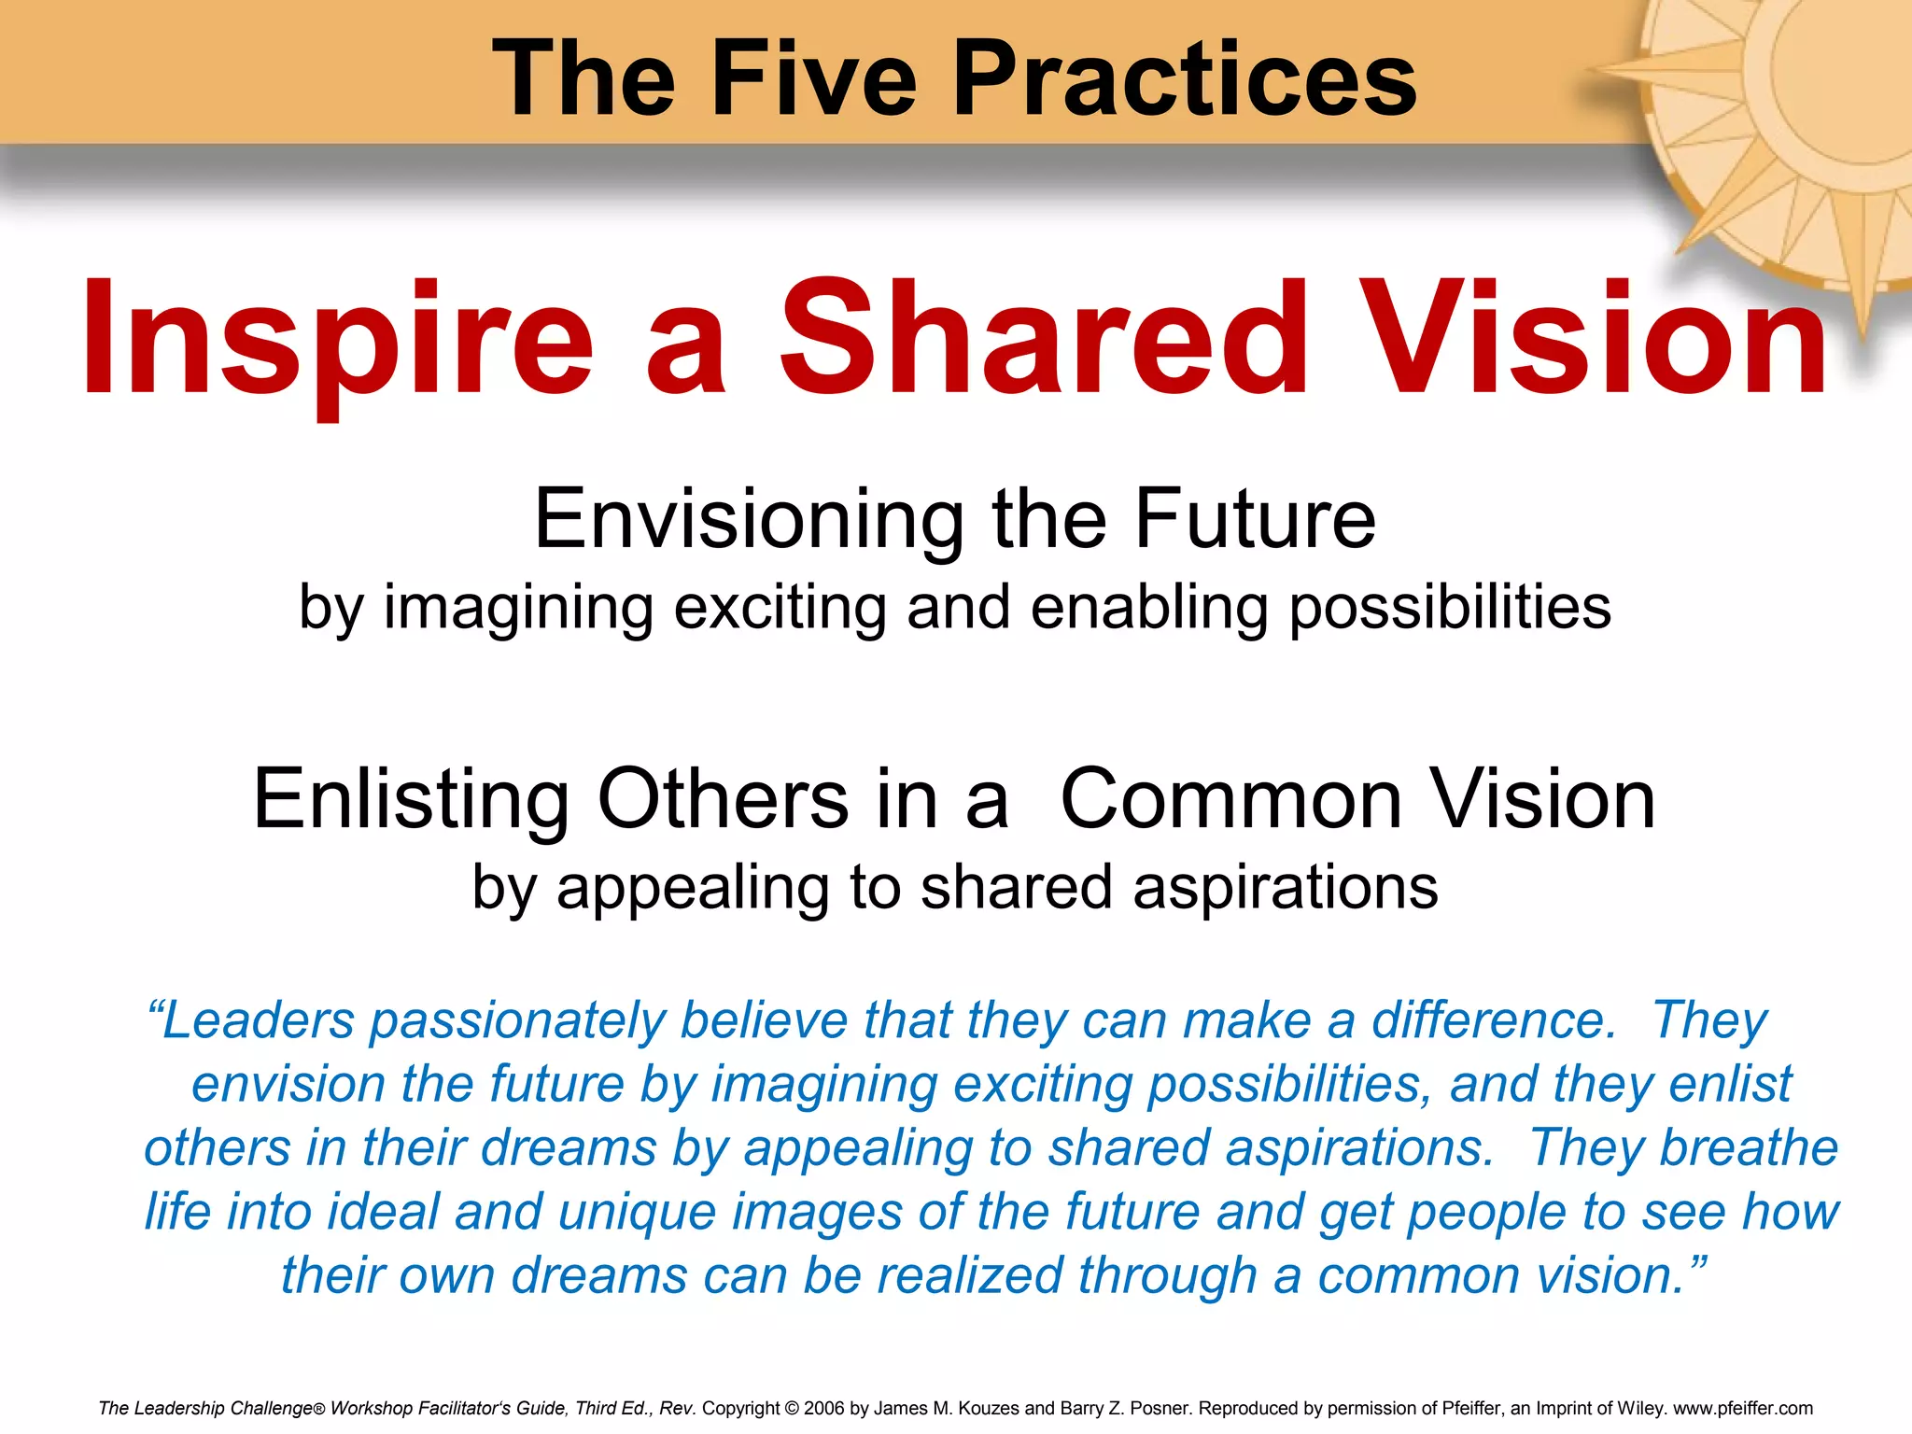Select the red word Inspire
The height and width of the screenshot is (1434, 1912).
[x=337, y=341]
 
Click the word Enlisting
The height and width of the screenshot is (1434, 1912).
[x=411, y=799]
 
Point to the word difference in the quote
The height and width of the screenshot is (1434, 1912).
[x=1494, y=1019]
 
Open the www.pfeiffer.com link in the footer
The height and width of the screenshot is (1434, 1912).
[x=1743, y=1408]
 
